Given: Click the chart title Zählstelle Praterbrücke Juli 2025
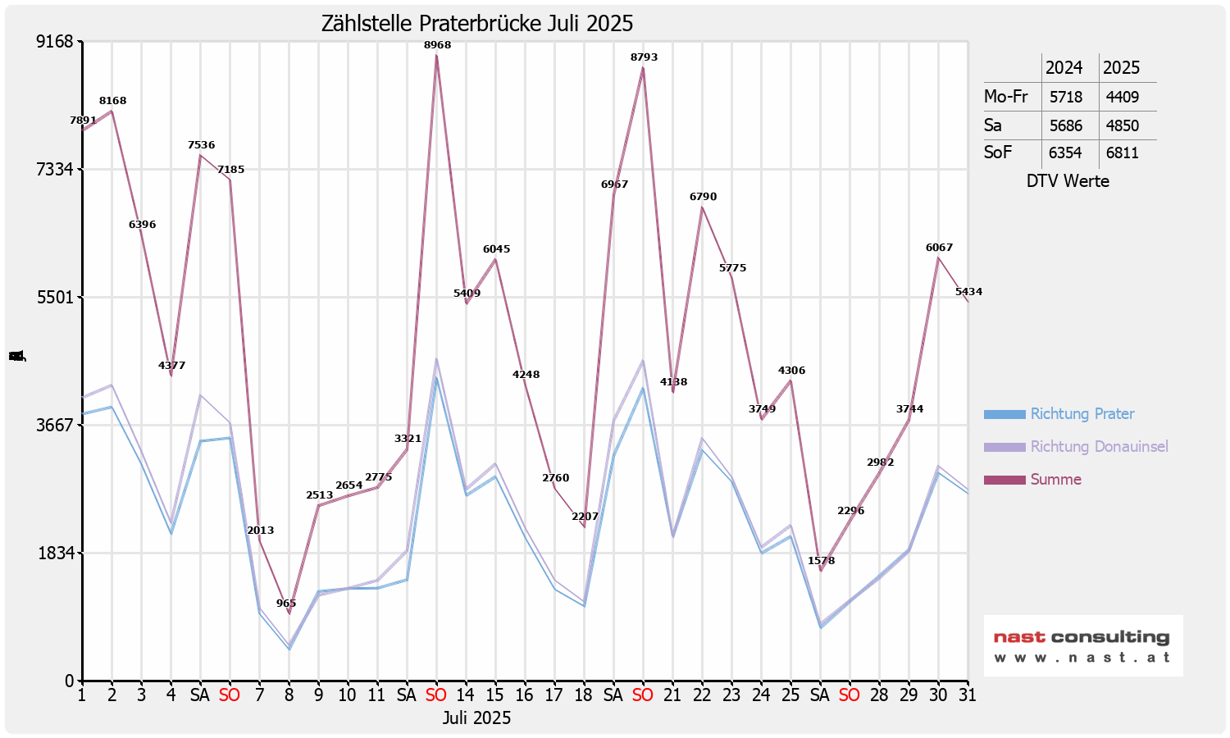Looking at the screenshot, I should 476,23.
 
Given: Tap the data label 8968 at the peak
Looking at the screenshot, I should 437,45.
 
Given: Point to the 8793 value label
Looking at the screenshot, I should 644,57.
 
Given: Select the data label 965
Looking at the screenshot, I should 286,604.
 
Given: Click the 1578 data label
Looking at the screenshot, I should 821,561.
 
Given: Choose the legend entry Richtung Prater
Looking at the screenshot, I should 1082,414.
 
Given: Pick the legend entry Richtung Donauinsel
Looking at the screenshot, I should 1099,447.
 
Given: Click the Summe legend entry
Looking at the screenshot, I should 1055,480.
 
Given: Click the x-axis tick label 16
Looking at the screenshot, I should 525,695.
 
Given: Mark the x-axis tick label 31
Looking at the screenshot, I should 968,695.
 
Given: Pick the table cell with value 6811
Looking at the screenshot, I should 1122,153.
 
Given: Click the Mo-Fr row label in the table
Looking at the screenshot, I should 1005,97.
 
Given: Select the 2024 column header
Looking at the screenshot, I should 1064,68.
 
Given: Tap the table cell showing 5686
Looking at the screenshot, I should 1065,125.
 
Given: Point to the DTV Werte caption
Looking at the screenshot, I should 1068,181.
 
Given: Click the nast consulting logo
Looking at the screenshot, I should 1082,645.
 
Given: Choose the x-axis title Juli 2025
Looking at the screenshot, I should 476,718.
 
